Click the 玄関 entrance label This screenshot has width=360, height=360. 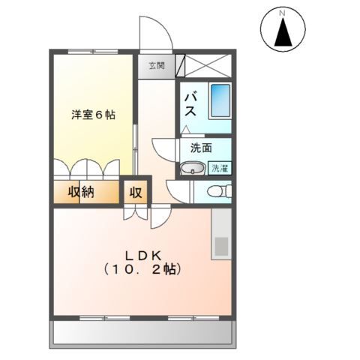tap(155, 65)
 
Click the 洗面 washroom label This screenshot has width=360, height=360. tap(200, 148)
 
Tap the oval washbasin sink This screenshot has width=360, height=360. tap(193, 168)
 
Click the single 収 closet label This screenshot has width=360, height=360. tap(136, 191)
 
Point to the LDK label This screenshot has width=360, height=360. tap(142, 253)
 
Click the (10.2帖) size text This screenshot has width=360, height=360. tap(142, 268)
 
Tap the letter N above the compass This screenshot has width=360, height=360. tap(283, 13)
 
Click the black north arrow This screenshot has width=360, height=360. tap(283, 33)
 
